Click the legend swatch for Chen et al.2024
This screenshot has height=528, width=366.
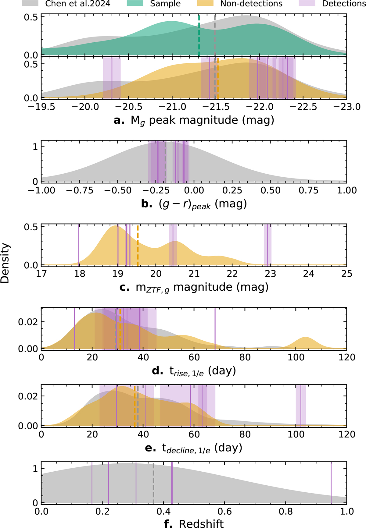[x=30, y=3]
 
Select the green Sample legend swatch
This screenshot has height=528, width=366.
[x=135, y=3]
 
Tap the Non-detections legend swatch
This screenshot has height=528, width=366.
[x=205, y=3]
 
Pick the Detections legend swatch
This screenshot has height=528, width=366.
[x=307, y=3]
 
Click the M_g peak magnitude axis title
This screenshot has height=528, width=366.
[x=194, y=120]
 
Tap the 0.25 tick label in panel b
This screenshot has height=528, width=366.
[x=232, y=190]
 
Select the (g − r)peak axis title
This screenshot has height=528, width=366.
[x=194, y=204]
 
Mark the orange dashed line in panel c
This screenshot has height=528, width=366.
[x=138, y=245]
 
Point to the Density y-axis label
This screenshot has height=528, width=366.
[x=5, y=263]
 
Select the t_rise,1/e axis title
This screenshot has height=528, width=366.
[x=194, y=371]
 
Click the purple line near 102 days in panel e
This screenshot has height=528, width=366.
[x=301, y=405]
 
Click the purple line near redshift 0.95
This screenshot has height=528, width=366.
[x=331, y=482]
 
